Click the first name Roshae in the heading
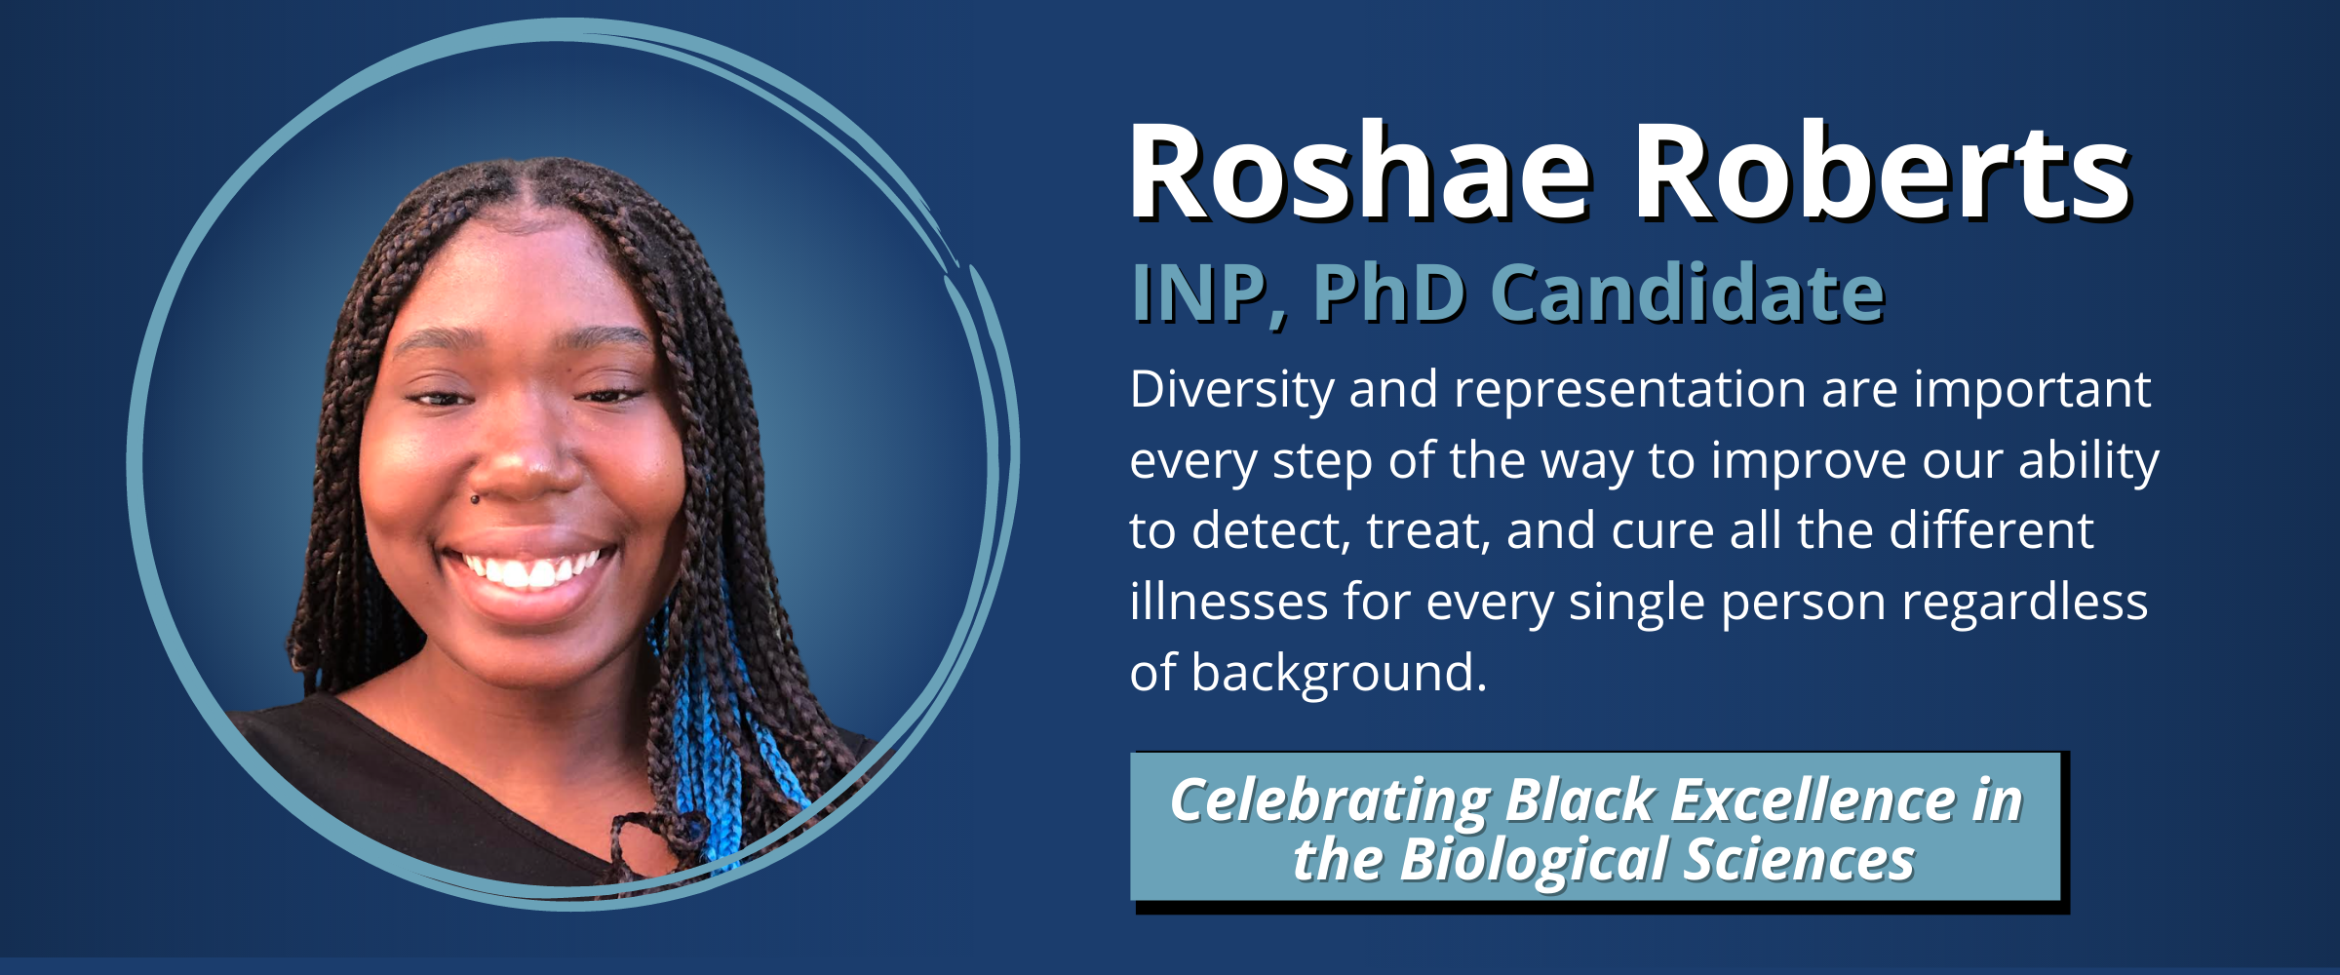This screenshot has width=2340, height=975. [1361, 173]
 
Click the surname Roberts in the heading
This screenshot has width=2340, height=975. [1883, 173]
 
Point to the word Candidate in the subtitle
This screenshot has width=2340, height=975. [1688, 292]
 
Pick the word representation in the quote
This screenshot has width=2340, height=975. [1629, 390]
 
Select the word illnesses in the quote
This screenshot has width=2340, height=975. [1228, 601]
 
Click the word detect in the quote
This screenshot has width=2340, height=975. [1270, 531]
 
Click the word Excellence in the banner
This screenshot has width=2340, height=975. [1813, 801]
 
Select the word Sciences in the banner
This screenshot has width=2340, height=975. [1799, 861]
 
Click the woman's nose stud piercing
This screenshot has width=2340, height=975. [475, 499]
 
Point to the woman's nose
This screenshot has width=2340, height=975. [526, 448]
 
